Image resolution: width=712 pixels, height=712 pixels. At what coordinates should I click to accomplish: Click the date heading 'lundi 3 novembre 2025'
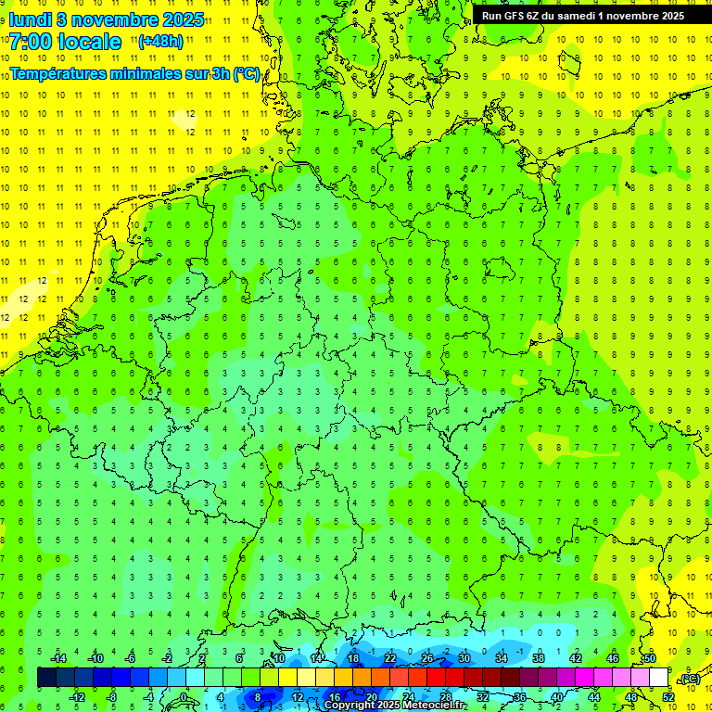[107, 19]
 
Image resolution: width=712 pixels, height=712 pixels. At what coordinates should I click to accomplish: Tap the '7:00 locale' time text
[65, 42]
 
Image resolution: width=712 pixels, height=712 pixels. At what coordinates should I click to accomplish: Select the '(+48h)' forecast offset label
[160, 42]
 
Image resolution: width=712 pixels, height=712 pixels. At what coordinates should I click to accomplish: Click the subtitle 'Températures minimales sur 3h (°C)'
[134, 73]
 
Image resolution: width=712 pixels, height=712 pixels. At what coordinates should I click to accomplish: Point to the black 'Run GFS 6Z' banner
[582, 15]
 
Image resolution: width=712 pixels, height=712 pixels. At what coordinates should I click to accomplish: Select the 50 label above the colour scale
[649, 658]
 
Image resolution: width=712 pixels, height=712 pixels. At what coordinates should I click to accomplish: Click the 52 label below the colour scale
[667, 697]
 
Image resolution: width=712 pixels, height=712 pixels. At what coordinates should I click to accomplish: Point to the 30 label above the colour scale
[464, 658]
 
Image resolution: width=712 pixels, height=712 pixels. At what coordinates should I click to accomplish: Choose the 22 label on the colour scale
[389, 658]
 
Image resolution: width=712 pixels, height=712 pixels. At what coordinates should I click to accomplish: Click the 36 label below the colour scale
[519, 697]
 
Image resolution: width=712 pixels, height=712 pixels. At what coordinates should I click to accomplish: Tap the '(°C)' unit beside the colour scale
[689, 679]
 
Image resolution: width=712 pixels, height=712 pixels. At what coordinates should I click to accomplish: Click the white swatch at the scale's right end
[658, 678]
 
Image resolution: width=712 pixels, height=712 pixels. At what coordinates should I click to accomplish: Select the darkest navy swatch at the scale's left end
[46, 678]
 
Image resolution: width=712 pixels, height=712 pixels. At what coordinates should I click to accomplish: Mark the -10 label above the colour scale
[95, 658]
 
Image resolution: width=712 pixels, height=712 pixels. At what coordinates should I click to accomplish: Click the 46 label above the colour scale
[612, 658]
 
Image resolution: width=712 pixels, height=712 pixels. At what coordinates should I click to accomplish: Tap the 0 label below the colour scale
[184, 697]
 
